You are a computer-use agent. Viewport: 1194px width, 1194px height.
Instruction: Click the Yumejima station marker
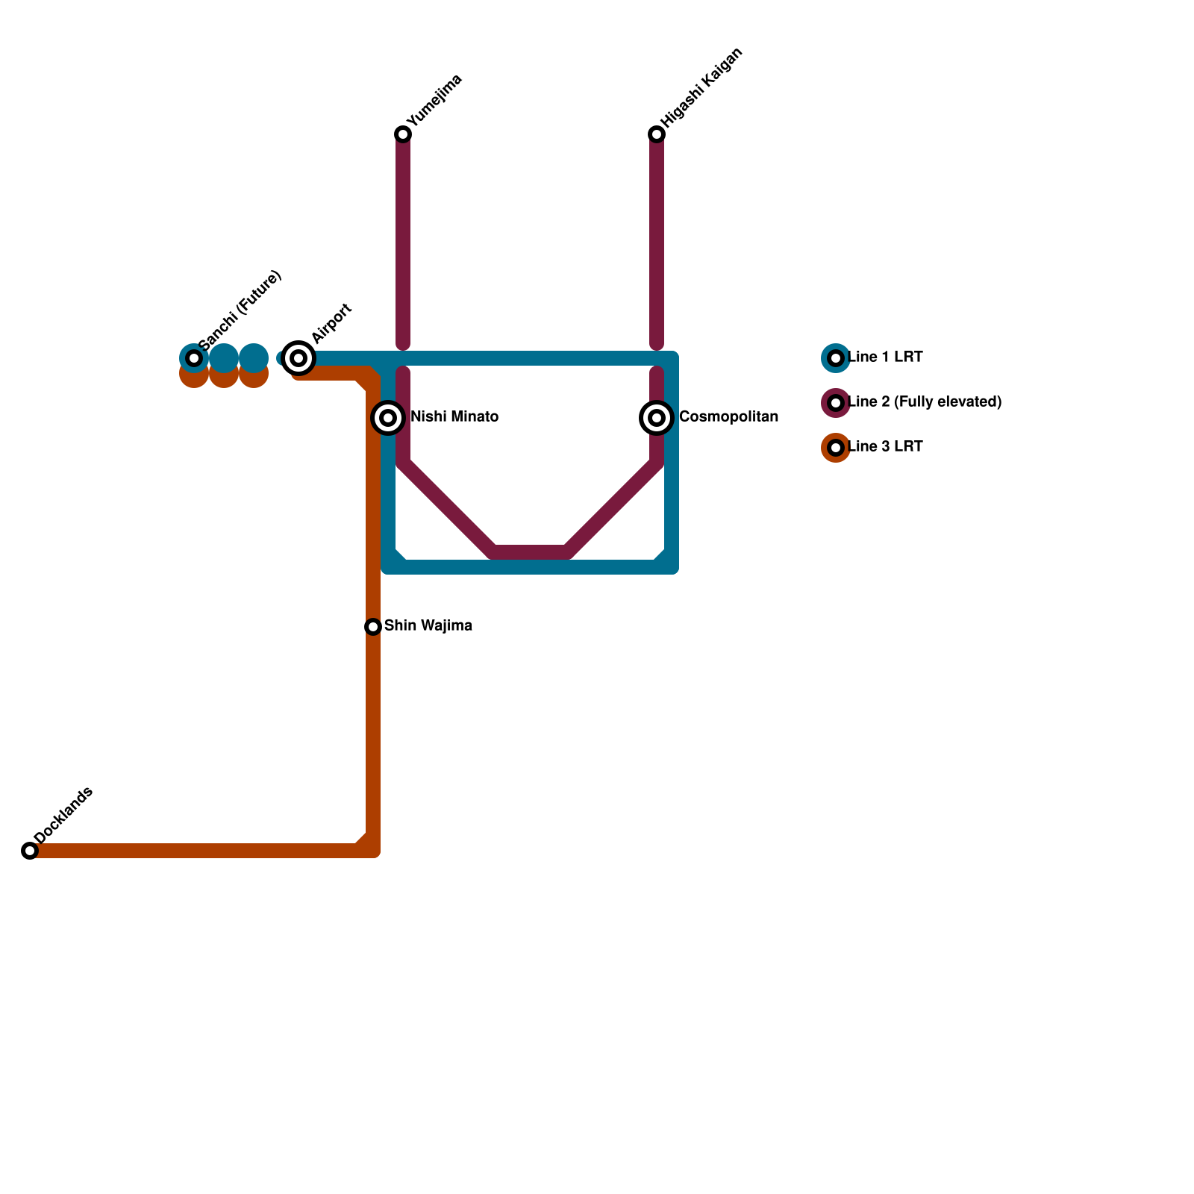click(403, 134)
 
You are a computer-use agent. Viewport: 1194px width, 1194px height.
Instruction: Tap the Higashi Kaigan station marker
click(657, 134)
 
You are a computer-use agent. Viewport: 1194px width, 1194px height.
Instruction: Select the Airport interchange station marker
click(298, 358)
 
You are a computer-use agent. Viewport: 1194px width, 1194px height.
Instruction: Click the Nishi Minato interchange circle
click(388, 418)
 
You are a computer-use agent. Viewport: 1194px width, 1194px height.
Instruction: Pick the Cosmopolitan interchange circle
click(657, 418)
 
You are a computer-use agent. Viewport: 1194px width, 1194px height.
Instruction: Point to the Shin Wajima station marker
click(373, 627)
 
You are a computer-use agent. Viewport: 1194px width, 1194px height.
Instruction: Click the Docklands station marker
click(30, 851)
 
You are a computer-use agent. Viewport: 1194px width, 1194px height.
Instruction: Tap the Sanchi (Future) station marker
click(194, 358)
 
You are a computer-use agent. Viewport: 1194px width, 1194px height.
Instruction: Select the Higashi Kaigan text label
click(701, 87)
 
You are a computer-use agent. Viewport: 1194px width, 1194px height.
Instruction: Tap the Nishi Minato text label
click(454, 417)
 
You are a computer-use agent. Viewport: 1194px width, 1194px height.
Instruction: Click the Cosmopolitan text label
click(728, 417)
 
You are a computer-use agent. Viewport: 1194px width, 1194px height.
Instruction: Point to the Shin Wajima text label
click(428, 626)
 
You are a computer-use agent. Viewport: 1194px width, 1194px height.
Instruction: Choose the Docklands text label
click(63, 816)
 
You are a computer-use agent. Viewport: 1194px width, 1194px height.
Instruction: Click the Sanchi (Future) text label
click(240, 310)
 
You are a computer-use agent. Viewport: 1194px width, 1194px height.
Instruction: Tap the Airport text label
click(331, 324)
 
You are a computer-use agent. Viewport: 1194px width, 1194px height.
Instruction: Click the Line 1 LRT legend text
click(885, 357)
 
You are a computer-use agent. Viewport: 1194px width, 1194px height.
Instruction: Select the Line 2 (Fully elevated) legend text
click(925, 402)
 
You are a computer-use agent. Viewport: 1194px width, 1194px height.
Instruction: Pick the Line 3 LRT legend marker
click(836, 448)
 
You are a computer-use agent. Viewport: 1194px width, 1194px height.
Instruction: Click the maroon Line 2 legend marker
click(836, 403)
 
